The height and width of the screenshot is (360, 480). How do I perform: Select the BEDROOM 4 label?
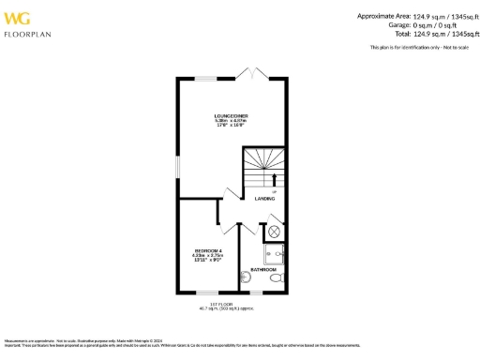207,251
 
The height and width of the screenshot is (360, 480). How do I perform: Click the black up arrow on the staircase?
274,178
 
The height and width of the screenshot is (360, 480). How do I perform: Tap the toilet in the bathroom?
276,279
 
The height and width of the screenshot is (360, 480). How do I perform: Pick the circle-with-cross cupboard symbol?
275,230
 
